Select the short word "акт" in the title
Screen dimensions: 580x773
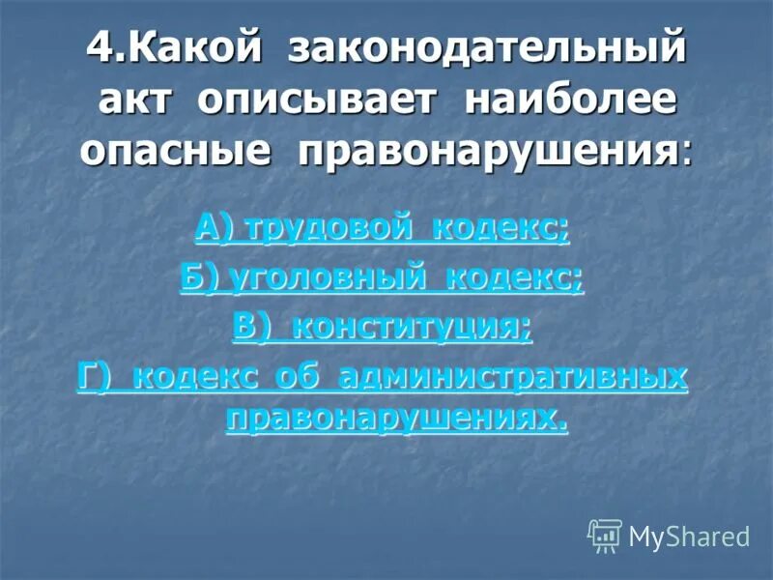click(136, 101)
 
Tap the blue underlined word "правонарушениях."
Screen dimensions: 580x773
click(396, 417)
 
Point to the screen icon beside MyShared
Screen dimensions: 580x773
click(605, 534)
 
